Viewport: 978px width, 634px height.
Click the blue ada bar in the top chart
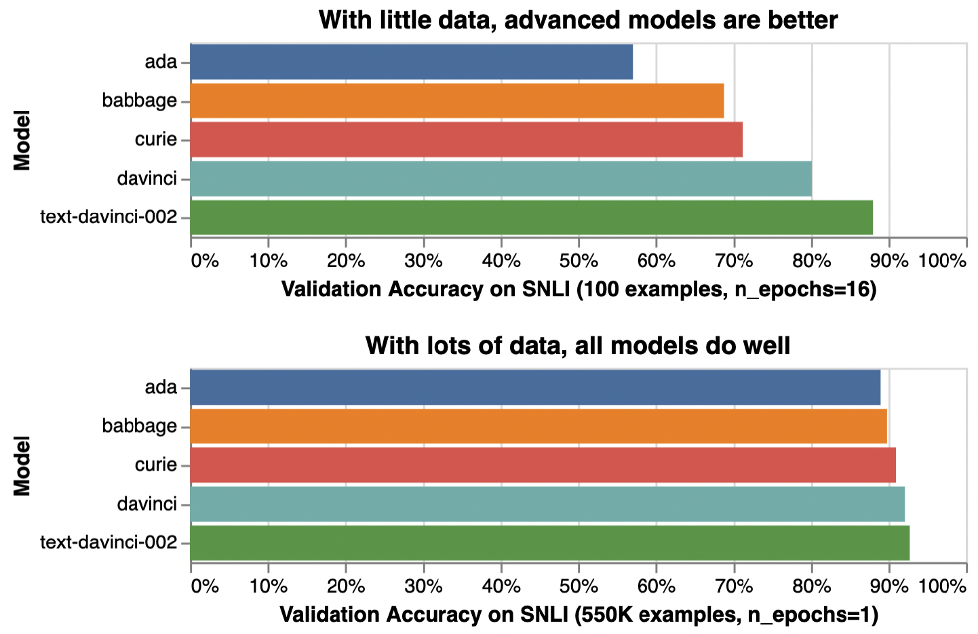coord(411,62)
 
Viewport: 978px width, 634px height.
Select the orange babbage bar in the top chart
coord(456,100)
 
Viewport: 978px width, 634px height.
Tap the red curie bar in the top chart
coord(466,140)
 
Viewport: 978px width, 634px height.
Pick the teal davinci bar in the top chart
coord(501,178)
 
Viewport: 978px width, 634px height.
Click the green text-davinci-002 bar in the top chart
coord(531,217)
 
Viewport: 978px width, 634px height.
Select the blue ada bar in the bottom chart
coord(535,387)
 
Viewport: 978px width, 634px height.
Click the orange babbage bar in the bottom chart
coord(539,426)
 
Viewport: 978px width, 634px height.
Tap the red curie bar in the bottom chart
coord(543,465)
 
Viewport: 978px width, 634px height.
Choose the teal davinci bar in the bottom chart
coord(547,504)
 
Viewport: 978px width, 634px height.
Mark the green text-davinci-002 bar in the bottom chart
coord(549,542)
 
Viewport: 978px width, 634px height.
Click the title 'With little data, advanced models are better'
coord(578,20)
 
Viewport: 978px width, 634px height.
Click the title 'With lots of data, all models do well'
coord(578,346)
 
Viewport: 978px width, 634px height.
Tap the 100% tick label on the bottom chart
coord(942,587)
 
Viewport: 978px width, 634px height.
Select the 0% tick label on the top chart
coord(205,261)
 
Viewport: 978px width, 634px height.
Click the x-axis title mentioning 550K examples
coord(579,615)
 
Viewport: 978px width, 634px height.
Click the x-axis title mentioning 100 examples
coord(579,290)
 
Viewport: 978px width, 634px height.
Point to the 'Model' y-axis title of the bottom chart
coord(22,466)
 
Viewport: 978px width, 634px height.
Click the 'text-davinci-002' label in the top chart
coord(109,217)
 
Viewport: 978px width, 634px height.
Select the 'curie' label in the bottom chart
coord(156,465)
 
